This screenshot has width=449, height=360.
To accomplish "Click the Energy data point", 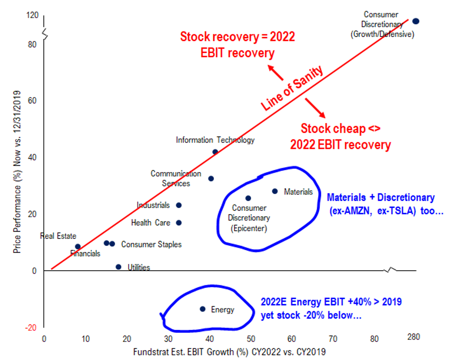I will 202,309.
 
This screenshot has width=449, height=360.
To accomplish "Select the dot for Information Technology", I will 215,152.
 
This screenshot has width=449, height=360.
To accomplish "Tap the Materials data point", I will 275,191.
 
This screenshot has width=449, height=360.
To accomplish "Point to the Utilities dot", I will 118,267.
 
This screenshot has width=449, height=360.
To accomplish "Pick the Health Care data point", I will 178,223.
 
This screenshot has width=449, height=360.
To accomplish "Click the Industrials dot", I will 178,205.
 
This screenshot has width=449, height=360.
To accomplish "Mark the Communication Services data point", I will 211,179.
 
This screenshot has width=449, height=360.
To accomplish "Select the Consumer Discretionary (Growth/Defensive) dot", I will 416,21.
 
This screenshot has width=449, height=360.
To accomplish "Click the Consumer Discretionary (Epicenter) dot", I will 248,198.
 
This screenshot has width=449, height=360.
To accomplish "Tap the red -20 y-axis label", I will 32,328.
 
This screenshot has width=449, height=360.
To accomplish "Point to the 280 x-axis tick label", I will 414,337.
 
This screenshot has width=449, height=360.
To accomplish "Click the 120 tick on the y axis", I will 33,15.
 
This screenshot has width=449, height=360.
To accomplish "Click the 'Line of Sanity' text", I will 293,88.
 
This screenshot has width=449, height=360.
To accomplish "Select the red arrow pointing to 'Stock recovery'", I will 276,73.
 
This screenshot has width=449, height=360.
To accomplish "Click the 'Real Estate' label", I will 58,236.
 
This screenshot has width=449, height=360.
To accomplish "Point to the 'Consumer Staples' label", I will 151,244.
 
